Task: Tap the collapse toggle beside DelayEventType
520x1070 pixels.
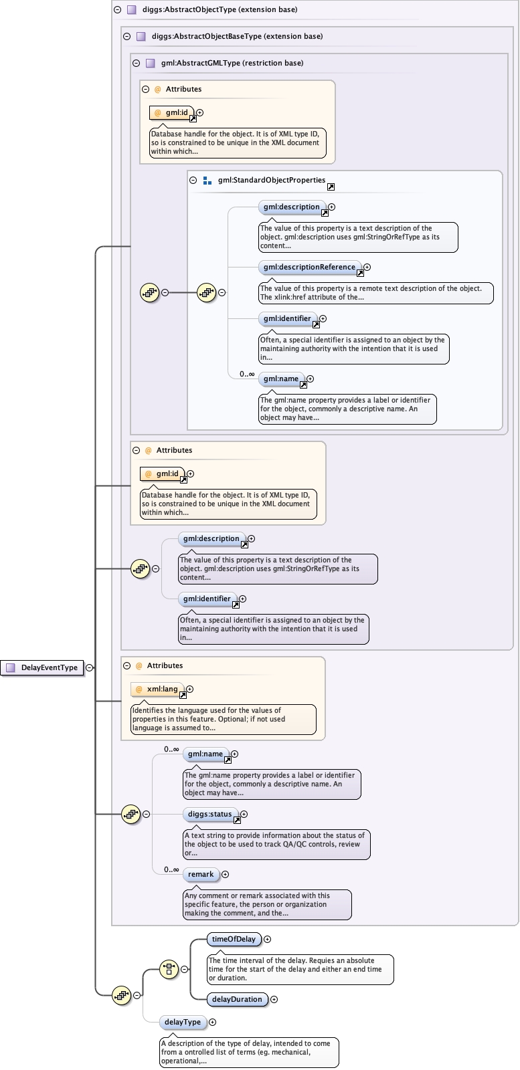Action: click(x=89, y=667)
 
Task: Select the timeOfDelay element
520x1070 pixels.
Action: click(x=234, y=939)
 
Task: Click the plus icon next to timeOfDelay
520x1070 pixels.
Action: click(x=268, y=940)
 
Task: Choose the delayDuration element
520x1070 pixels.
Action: click(x=237, y=999)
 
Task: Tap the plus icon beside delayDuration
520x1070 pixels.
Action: click(x=274, y=1000)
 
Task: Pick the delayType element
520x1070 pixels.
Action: click(x=183, y=1022)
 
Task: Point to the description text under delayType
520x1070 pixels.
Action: click(x=248, y=1052)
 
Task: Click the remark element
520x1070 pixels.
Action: click(x=201, y=874)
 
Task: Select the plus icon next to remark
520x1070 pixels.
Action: click(x=225, y=875)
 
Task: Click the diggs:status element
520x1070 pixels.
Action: click(x=210, y=814)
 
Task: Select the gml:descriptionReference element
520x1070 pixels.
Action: click(x=309, y=267)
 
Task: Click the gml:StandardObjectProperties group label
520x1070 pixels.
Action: click(x=271, y=180)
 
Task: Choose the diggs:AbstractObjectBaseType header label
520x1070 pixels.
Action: click(x=237, y=36)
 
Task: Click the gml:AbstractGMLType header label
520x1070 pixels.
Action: click(x=232, y=63)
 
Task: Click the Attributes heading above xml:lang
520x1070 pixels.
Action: click(x=165, y=665)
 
